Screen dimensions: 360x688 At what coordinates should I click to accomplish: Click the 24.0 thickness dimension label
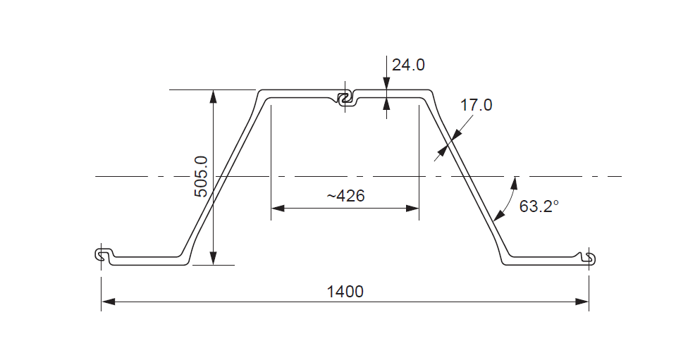coord(409,66)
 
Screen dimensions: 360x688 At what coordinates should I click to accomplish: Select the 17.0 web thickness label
coord(476,106)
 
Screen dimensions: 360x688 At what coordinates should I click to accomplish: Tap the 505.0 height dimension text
coord(201,176)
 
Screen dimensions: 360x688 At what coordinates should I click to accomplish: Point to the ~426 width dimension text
coord(345,196)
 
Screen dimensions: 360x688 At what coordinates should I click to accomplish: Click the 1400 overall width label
coord(345,291)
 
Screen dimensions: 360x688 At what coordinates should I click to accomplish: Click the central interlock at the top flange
coord(345,99)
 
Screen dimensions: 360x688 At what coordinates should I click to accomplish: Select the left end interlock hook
coord(103,255)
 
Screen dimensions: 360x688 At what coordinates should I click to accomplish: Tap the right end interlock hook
coord(589,258)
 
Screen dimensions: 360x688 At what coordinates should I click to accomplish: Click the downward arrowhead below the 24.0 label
coord(386,85)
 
